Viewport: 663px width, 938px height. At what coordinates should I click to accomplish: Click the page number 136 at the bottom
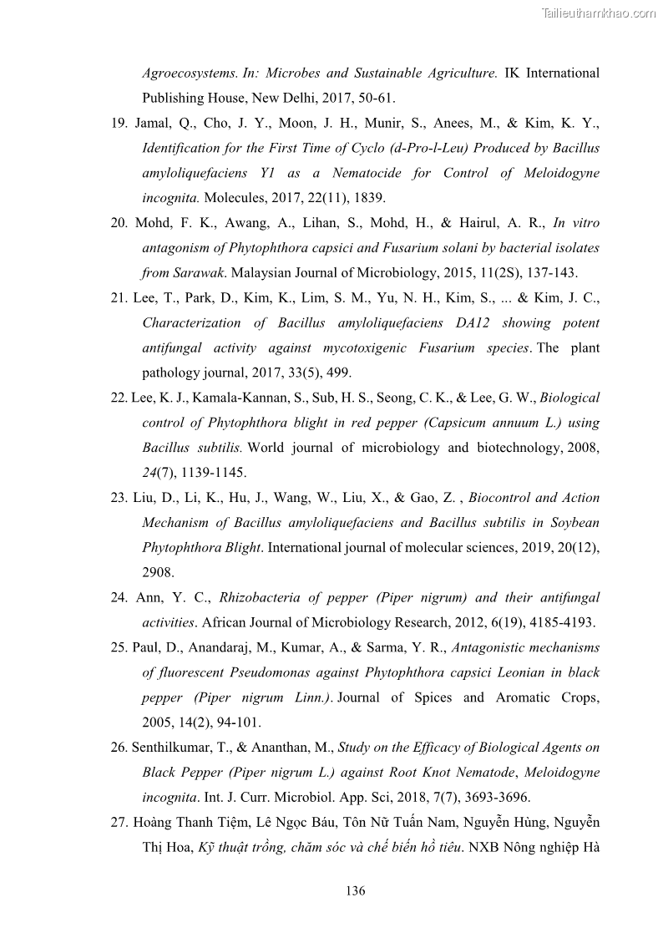(x=355, y=890)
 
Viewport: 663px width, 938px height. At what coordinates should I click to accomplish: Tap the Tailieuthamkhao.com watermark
(x=599, y=13)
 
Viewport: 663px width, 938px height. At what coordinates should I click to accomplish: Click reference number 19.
(x=119, y=123)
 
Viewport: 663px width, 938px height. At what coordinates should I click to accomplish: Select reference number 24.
(x=119, y=597)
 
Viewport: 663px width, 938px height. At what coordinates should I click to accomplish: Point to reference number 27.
(x=119, y=822)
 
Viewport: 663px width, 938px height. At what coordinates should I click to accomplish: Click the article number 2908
(x=158, y=572)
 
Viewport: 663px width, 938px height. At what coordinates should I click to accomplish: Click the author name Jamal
(x=154, y=123)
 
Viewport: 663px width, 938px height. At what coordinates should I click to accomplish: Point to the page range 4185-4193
(x=553, y=622)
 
